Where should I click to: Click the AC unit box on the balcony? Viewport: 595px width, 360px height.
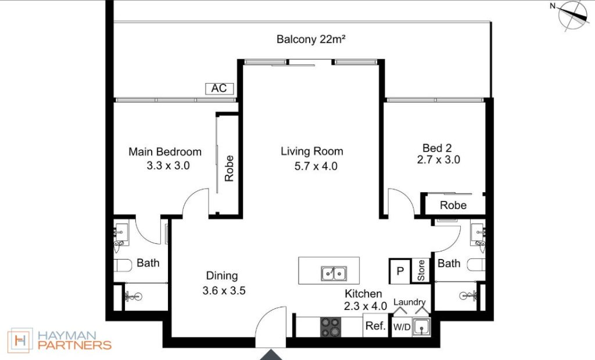[x=219, y=88]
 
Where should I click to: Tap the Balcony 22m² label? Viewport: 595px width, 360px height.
[x=311, y=39]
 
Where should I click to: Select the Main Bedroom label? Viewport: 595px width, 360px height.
[x=165, y=152]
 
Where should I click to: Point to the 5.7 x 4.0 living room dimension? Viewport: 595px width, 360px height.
[x=316, y=166]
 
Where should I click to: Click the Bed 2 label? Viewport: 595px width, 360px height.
[x=437, y=147]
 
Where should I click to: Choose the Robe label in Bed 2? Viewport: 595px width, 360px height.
[x=453, y=205]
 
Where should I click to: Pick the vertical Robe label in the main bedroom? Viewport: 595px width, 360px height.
[x=229, y=168]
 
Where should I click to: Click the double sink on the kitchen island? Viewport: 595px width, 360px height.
[x=334, y=273]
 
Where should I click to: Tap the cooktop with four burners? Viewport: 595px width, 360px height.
[x=331, y=327]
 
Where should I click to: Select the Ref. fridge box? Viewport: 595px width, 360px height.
[x=376, y=326]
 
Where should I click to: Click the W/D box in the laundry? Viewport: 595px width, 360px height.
[x=402, y=327]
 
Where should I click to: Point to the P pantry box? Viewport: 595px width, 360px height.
[x=400, y=271]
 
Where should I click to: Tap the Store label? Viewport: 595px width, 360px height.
[x=421, y=271]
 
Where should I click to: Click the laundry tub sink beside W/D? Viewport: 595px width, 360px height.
[x=421, y=327]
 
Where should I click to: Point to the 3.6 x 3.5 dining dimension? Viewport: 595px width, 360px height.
[x=224, y=290]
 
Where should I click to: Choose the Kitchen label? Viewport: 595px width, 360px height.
[x=363, y=294]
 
